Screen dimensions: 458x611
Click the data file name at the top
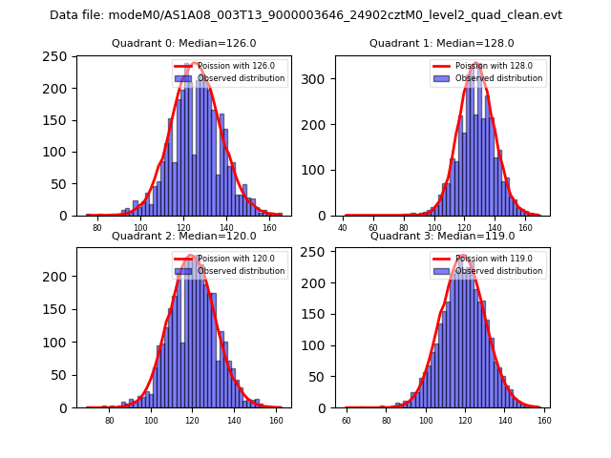click(305, 15)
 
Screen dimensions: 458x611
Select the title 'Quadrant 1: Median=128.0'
click(441, 43)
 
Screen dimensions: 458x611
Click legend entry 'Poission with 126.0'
click(234, 66)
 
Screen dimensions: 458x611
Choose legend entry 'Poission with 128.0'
click(492, 66)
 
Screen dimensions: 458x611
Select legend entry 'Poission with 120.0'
click(234, 258)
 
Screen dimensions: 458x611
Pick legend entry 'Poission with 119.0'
click(492, 258)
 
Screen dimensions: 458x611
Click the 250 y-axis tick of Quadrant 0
click(60, 56)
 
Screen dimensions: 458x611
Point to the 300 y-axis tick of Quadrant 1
click(318, 79)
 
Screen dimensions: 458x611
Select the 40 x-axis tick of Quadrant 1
click(344, 228)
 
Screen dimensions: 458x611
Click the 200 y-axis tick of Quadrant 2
click(60, 277)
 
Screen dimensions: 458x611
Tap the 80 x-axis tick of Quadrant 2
click(110, 420)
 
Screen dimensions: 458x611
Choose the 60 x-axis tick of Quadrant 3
click(348, 420)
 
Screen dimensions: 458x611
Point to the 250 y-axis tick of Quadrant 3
click(318, 254)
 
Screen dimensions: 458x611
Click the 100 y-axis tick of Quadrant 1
click(318, 170)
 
